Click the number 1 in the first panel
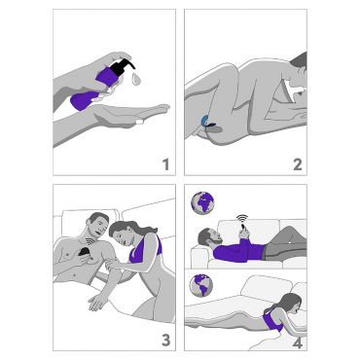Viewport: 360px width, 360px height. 166,164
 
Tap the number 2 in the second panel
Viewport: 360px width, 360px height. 298,164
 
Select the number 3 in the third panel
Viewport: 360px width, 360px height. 165,341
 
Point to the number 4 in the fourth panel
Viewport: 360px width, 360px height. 298,342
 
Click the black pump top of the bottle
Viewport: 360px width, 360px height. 123,67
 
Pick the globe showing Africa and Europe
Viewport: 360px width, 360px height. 202,202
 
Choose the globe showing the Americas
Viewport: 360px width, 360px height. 201,285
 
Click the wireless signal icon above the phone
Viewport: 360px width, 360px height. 242,218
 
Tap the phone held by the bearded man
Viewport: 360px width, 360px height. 244,230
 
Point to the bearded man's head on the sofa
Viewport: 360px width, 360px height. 208,237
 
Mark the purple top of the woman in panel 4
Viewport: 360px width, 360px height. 272,320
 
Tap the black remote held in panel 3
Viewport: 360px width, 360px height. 86,253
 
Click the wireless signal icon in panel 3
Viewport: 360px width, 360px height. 89,242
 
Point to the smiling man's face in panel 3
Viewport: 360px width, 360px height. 98,226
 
